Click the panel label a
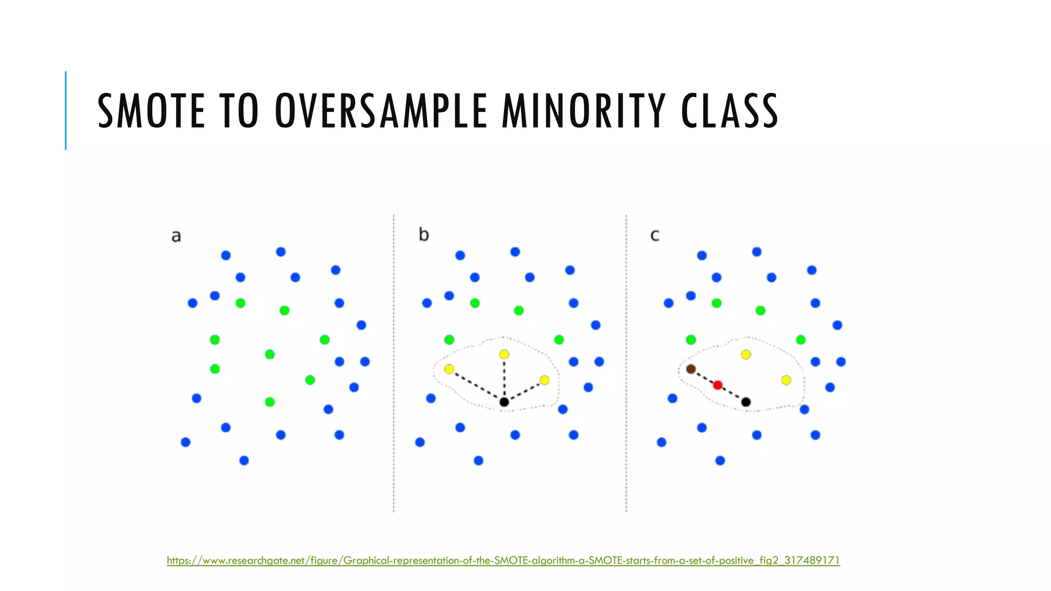[x=176, y=236]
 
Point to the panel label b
[x=423, y=234]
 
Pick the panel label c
[x=654, y=235]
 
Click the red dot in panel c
[x=718, y=385]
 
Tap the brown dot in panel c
[x=691, y=369]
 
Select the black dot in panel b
[x=504, y=402]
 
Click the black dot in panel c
[x=746, y=402]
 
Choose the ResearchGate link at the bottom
[x=503, y=560]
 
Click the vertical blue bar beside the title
[x=66, y=110]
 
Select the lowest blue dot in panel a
[x=244, y=461]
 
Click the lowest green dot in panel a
[x=269, y=402]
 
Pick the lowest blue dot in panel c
[x=720, y=461]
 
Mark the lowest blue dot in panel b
[x=478, y=461]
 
